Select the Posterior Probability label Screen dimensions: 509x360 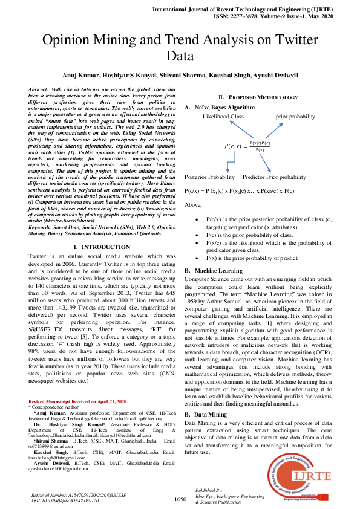click(209, 177)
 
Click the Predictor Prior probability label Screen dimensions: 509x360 click(274, 177)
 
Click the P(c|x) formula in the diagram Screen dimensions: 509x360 click(249, 146)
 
